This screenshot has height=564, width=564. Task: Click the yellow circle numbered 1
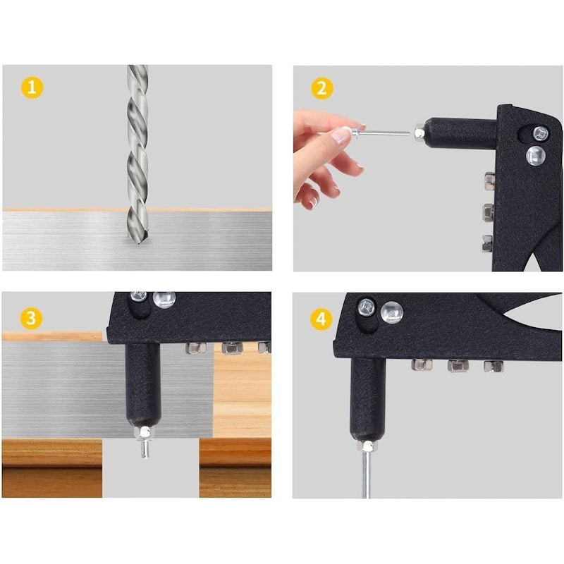tap(32, 87)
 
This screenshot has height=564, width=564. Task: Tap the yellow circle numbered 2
tap(322, 88)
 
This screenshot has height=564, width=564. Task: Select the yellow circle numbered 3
tap(31, 318)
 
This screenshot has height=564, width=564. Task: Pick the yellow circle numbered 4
tap(321, 319)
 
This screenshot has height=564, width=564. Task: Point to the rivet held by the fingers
tap(381, 133)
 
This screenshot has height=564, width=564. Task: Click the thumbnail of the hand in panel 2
tap(341, 136)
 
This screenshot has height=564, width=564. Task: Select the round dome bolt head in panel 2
tap(536, 156)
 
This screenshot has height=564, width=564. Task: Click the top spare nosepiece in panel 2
tap(489, 181)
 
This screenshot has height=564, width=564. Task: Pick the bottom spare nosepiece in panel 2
tap(488, 243)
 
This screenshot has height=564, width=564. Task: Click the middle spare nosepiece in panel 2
tap(488, 212)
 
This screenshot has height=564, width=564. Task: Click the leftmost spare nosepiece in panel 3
tap(196, 348)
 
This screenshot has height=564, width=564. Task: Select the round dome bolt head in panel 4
tap(392, 312)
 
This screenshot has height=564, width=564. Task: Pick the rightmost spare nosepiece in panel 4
tap(493, 366)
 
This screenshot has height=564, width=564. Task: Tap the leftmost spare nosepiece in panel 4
tap(422, 364)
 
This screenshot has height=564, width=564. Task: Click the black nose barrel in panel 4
tap(367, 399)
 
